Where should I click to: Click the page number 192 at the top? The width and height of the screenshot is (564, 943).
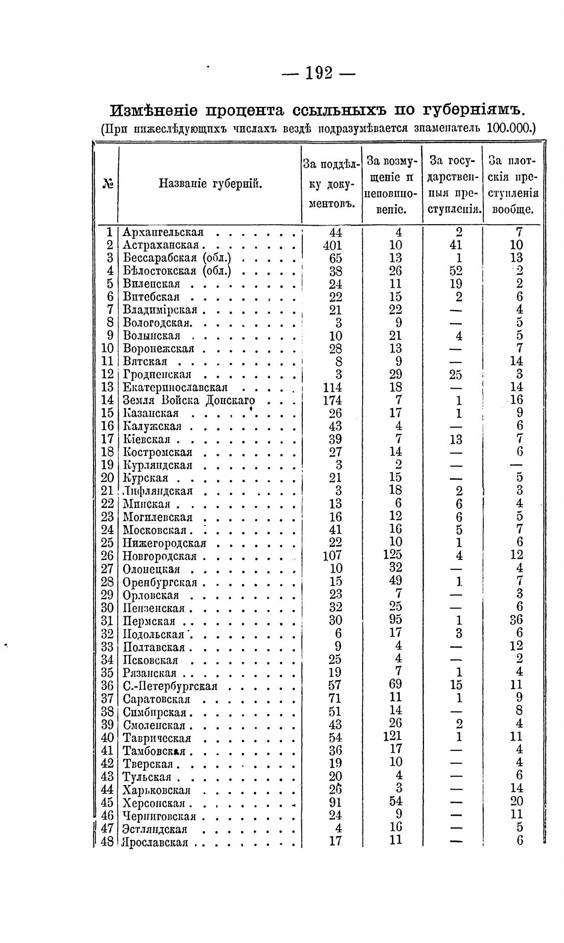pyautogui.click(x=319, y=73)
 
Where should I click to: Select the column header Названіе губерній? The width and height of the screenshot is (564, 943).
pyautogui.click(x=210, y=184)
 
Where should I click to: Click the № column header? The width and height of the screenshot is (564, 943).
pyautogui.click(x=107, y=184)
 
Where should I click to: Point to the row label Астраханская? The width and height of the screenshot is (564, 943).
pyautogui.click(x=161, y=245)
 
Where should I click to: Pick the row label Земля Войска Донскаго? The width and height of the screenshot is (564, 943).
pyautogui.click(x=189, y=400)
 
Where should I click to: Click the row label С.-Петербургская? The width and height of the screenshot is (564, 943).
pyautogui.click(x=170, y=686)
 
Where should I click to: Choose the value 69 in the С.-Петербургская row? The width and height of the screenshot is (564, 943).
pyautogui.click(x=395, y=684)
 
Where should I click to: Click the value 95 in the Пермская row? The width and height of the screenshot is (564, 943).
pyautogui.click(x=395, y=619)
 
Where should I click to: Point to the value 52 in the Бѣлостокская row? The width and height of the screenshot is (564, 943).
pyautogui.click(x=456, y=271)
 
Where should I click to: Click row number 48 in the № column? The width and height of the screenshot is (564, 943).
pyautogui.click(x=107, y=841)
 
